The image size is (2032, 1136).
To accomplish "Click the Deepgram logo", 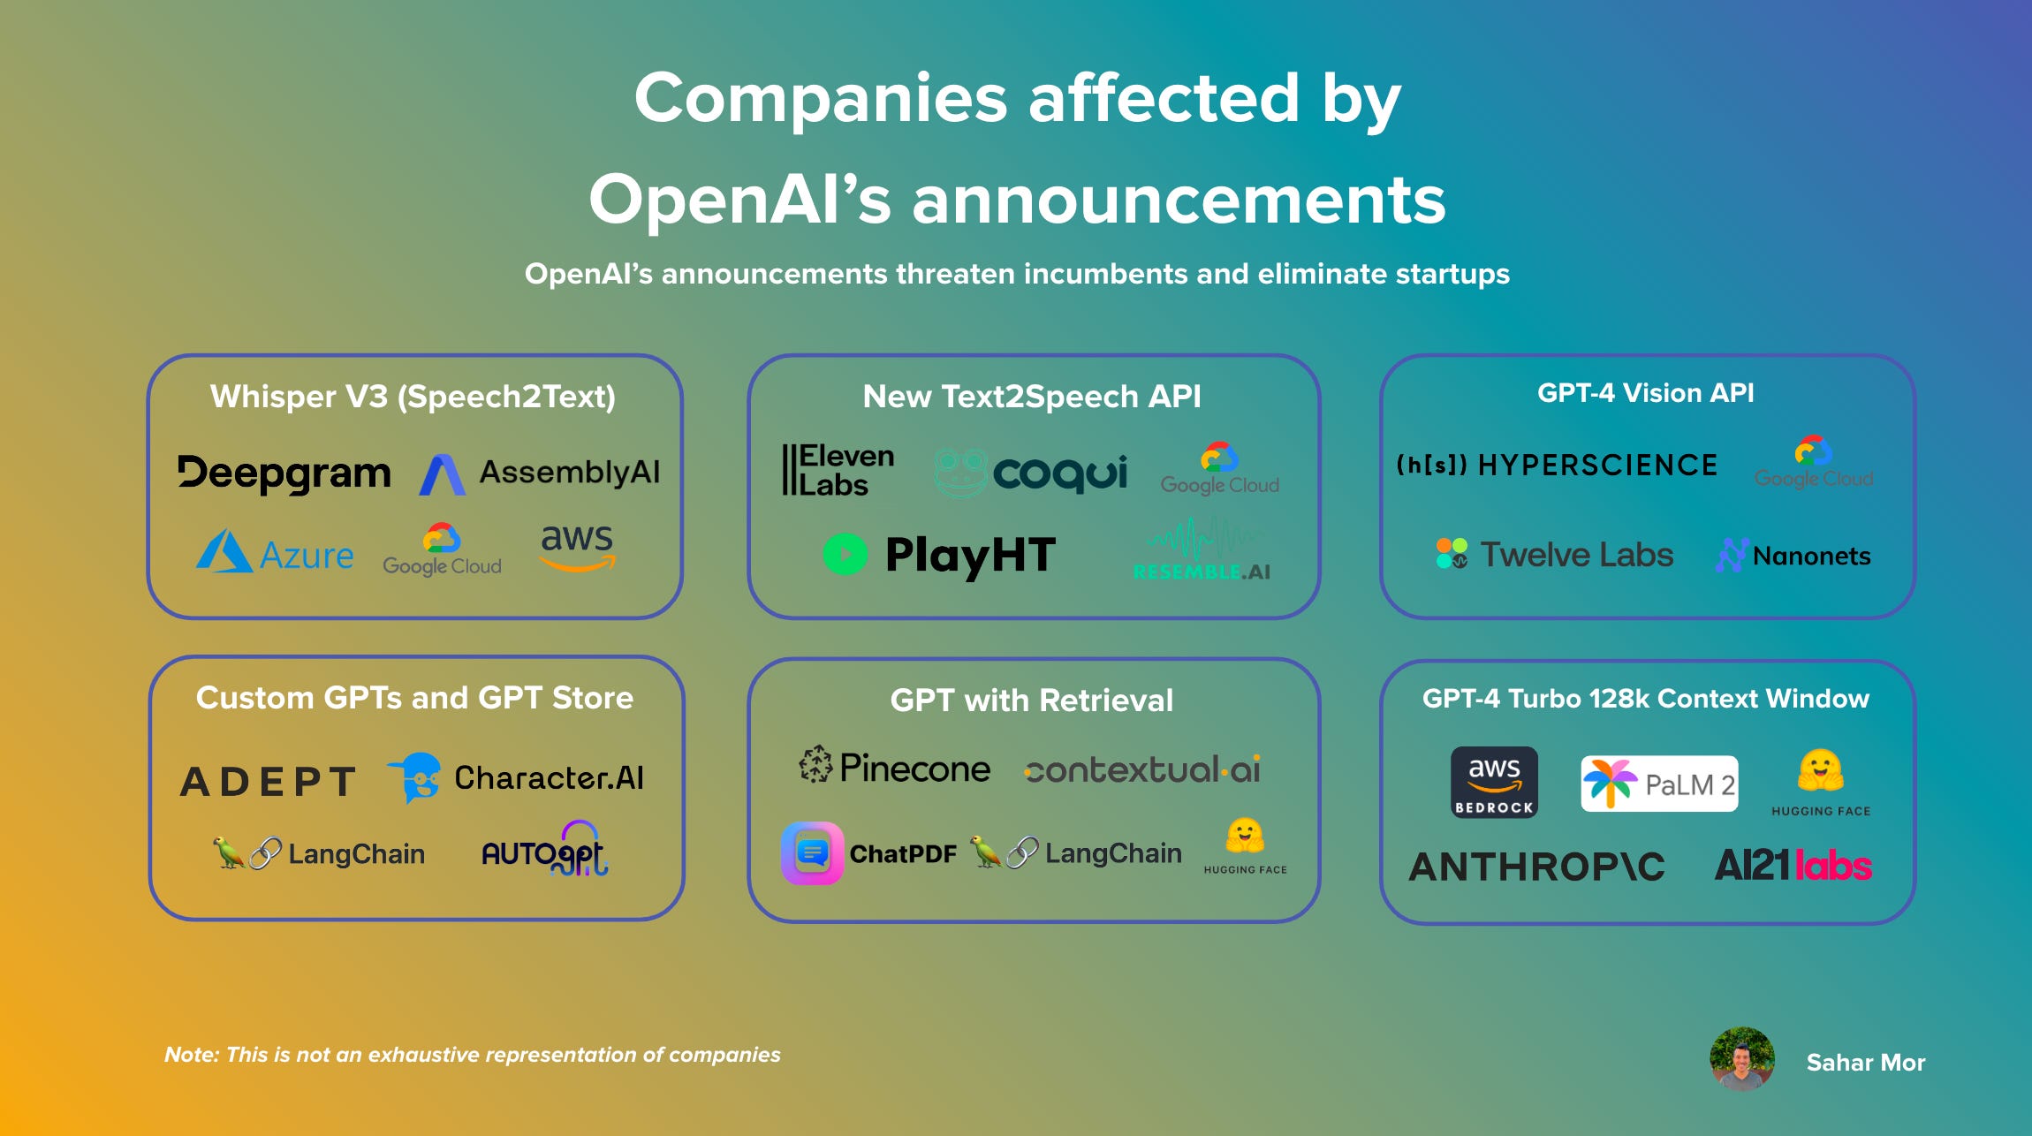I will point(284,473).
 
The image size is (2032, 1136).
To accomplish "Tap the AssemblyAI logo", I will point(540,473).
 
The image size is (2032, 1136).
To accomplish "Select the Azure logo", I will point(275,553).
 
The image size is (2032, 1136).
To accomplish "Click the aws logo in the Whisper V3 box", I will point(577,546).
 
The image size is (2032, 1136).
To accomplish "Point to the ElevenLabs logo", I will point(838,470).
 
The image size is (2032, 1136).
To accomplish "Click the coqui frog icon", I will point(961,473).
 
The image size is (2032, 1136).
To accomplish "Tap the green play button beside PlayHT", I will point(845,555).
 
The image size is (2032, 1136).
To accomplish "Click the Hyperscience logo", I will point(1557,465).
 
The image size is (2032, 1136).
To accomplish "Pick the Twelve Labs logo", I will point(1555,555).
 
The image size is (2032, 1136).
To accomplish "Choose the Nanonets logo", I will point(1793,556).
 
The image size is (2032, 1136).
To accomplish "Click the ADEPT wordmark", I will point(268,781).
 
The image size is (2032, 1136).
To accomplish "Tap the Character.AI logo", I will point(516,777).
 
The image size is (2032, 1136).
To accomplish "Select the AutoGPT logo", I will point(544,850).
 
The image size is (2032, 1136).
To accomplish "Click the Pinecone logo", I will point(895,768).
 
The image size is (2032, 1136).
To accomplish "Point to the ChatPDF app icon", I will point(812,853).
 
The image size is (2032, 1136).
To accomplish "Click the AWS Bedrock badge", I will point(1494,782).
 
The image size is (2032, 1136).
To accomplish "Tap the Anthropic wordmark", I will point(1536,867).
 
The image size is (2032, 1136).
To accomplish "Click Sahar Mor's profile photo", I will point(1741,1058).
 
